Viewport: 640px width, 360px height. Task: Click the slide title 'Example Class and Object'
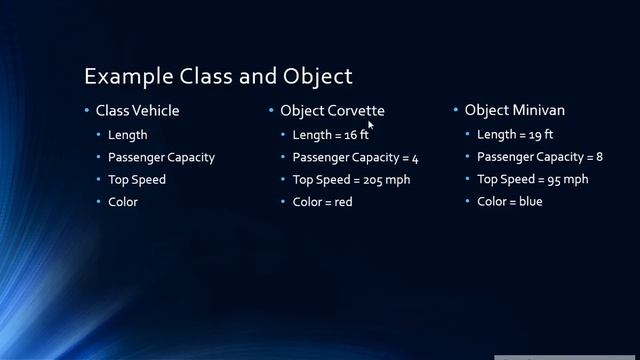click(x=218, y=76)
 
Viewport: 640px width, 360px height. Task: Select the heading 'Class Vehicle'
click(x=137, y=110)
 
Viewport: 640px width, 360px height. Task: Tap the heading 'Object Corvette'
click(x=332, y=110)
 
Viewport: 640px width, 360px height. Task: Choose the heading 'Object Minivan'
click(x=514, y=110)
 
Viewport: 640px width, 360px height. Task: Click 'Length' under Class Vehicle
click(x=128, y=134)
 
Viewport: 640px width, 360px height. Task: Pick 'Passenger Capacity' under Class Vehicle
click(x=161, y=157)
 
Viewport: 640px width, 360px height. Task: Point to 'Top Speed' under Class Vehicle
click(x=137, y=179)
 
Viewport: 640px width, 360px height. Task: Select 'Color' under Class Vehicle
click(x=123, y=201)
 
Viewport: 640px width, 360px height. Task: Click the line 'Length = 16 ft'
click(x=331, y=134)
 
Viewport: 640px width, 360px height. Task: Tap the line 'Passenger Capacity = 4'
click(x=355, y=157)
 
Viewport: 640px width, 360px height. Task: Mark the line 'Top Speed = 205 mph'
click(x=351, y=179)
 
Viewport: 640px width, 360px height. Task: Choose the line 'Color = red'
click(x=322, y=201)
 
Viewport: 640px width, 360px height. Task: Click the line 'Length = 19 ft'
click(x=515, y=134)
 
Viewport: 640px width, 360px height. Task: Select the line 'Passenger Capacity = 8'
click(x=539, y=157)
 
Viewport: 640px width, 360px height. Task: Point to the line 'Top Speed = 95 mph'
click(x=532, y=179)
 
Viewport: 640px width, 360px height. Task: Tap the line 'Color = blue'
click(x=509, y=201)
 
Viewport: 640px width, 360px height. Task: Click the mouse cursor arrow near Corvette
click(x=370, y=125)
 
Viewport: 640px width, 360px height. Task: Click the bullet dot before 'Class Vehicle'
click(x=87, y=110)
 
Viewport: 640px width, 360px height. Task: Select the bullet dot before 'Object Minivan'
click(x=456, y=110)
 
